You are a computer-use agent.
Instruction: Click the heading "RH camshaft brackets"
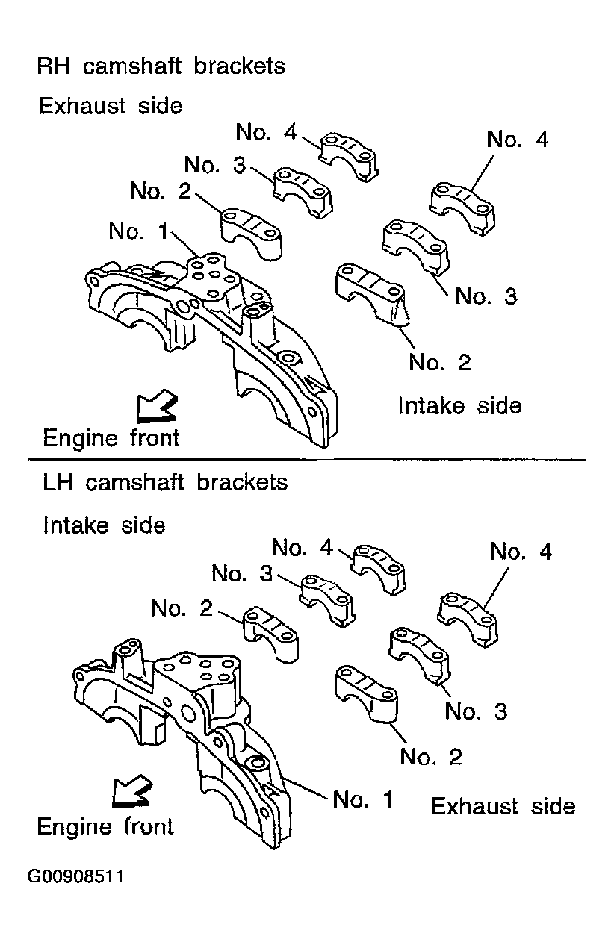161,66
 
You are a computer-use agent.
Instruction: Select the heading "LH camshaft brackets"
165,482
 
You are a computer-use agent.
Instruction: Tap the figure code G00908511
75,876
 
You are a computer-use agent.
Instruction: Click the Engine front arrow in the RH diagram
155,406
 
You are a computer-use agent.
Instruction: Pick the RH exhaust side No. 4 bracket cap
349,157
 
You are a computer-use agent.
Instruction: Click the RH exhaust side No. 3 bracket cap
303,192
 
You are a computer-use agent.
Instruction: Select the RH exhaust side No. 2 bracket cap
251,233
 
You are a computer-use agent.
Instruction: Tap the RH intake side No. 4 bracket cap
462,208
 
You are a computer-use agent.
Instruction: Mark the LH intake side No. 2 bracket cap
271,634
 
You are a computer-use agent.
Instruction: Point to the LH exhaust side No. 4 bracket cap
468,619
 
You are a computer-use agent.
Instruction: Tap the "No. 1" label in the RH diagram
138,231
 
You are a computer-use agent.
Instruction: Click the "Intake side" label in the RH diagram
459,405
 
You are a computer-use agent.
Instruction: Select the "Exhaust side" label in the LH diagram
503,806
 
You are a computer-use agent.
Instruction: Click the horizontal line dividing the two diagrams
307,460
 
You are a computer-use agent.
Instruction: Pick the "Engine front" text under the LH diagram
105,827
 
